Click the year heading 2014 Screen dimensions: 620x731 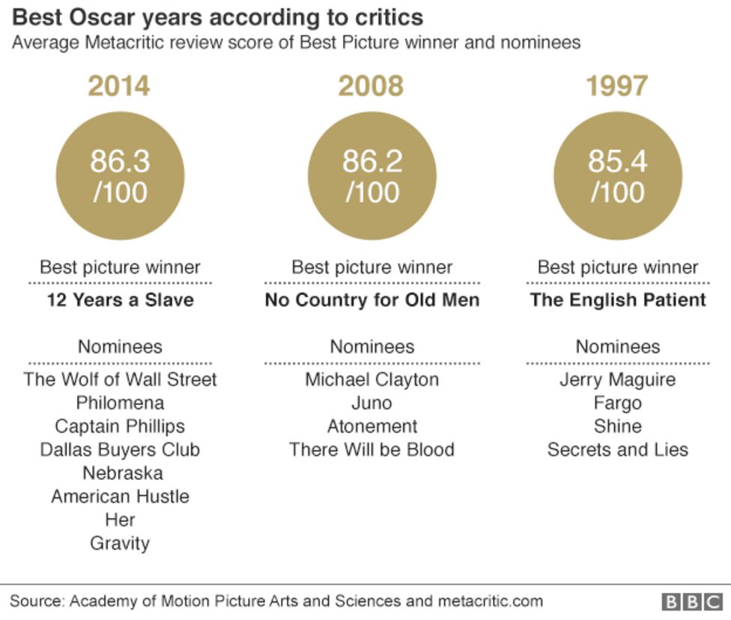point(119,86)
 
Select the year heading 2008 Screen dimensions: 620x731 point(371,86)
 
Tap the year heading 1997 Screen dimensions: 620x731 point(617,86)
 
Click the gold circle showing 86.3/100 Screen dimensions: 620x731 point(120,176)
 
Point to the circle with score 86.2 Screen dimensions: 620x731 point(371,176)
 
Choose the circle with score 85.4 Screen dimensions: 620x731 point(618,176)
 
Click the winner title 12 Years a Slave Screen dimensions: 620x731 point(120,300)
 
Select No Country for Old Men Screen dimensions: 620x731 point(372,300)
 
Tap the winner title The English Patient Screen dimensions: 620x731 point(618,300)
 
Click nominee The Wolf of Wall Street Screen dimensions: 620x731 point(120,379)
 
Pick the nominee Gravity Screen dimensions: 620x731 point(120,543)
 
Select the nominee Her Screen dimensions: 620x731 point(120,520)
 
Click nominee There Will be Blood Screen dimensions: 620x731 point(372,449)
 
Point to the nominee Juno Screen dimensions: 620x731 point(372,403)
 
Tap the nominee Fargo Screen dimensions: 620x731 point(618,403)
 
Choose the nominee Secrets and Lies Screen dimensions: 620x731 point(618,449)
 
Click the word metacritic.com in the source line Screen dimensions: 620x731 point(490,601)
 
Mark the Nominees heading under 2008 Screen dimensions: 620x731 point(372,347)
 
